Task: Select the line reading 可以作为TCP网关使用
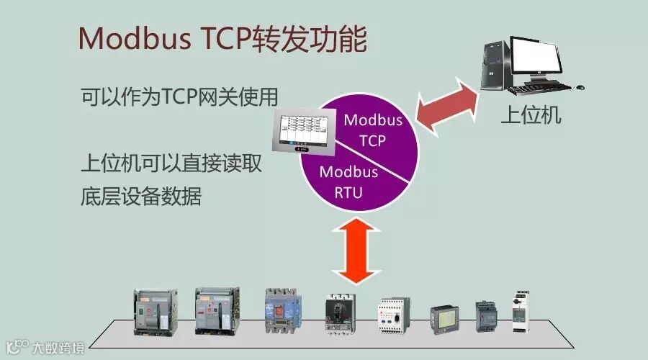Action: [x=179, y=96]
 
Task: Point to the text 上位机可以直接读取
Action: [x=170, y=164]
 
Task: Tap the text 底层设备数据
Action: [x=141, y=197]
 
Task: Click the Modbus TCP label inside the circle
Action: [x=373, y=129]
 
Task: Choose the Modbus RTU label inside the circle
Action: [x=348, y=182]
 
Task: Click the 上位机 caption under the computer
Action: [x=531, y=115]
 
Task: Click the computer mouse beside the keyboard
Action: [x=580, y=86]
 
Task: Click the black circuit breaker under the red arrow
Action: [x=338, y=315]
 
